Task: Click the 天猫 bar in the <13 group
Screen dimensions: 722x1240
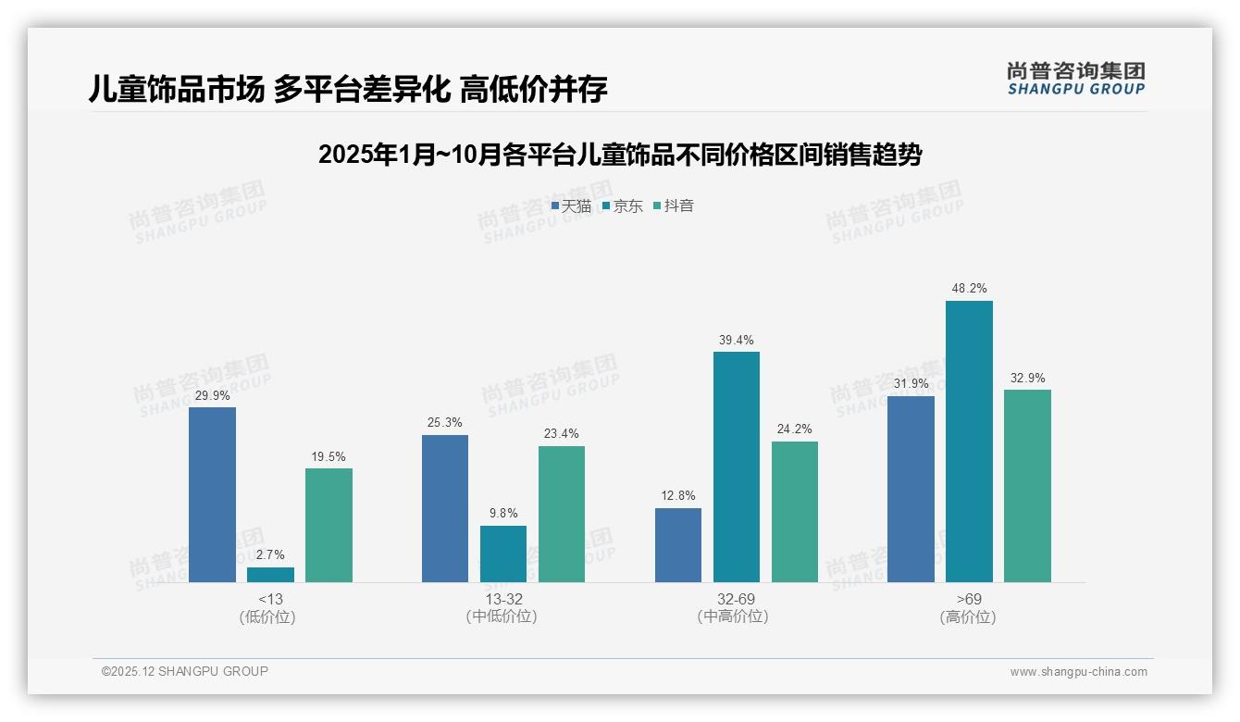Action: pyautogui.click(x=212, y=494)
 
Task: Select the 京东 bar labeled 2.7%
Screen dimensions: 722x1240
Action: pyautogui.click(x=270, y=575)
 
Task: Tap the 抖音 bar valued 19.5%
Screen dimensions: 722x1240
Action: pyautogui.click(x=329, y=525)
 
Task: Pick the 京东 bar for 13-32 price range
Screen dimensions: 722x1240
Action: pyautogui.click(x=503, y=554)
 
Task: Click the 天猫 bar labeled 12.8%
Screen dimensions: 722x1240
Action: pyautogui.click(x=678, y=545)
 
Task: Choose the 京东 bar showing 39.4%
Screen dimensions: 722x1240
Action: pyautogui.click(x=737, y=467)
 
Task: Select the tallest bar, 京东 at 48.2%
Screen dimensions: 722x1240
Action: pyautogui.click(x=969, y=441)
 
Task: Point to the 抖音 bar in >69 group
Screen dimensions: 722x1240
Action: pyautogui.click(x=1027, y=486)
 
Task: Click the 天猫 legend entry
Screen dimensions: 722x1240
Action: pyautogui.click(x=571, y=206)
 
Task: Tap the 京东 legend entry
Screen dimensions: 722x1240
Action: pyautogui.click(x=622, y=206)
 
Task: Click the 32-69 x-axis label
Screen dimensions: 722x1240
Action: pyautogui.click(x=737, y=599)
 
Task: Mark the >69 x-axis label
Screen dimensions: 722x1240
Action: pyautogui.click(x=969, y=599)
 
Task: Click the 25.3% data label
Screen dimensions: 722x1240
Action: pyautogui.click(x=445, y=422)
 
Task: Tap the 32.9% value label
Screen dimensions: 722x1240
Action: pyautogui.click(x=1027, y=378)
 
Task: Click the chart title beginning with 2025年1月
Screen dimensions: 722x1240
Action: pyautogui.click(x=619, y=155)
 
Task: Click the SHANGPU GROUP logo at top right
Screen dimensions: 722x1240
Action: pyautogui.click(x=1075, y=78)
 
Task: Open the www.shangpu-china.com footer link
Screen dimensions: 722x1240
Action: pyautogui.click(x=1078, y=672)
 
